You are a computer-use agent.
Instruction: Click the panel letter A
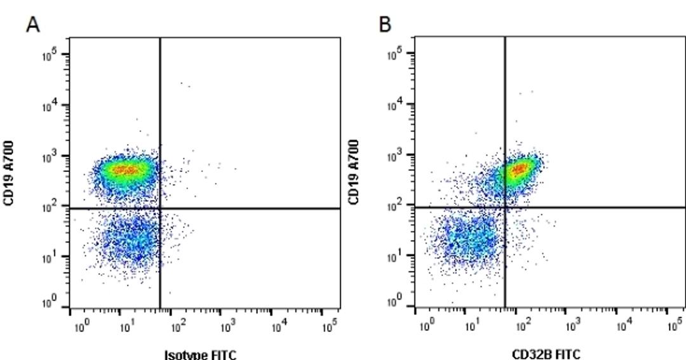tap(33, 25)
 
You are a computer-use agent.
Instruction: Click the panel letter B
tap(385, 25)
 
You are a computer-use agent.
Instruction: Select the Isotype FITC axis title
tap(200, 354)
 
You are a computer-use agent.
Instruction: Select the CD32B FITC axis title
tap(546, 354)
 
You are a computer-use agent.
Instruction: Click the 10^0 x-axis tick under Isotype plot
tap(80, 327)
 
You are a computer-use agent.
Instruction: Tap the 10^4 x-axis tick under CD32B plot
tap(623, 326)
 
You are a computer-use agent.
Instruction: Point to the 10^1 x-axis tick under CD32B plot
tap(471, 326)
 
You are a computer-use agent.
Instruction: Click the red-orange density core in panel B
tap(520, 169)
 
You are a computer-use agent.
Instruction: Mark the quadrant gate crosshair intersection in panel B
tap(505, 208)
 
